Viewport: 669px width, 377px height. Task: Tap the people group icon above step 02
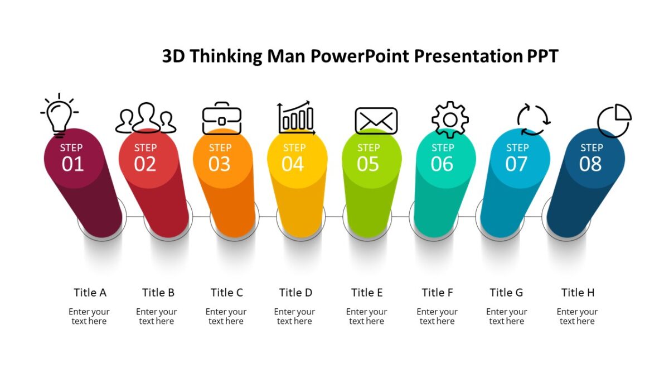pos(146,118)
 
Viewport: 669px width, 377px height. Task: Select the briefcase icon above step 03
pos(221,118)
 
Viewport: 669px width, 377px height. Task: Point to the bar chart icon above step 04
pos(296,118)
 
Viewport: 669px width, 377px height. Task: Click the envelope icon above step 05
pos(376,121)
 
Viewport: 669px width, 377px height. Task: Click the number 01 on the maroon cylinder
pos(72,164)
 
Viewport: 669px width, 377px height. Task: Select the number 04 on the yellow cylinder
pos(293,164)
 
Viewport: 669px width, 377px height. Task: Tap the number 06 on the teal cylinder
pos(442,164)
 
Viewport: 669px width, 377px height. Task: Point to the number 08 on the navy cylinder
pos(590,164)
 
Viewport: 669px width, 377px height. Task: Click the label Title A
pos(90,293)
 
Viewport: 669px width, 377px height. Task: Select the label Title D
pos(295,293)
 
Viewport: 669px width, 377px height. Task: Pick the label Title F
pos(437,293)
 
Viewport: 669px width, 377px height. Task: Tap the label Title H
pos(578,293)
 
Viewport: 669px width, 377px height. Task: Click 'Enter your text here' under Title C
pos(226,316)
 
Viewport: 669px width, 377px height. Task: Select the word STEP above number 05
pos(369,148)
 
